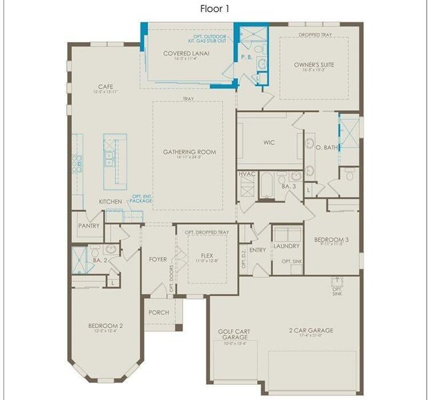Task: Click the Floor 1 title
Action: coord(216,9)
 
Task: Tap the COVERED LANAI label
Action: coord(182,53)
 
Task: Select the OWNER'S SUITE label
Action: coord(314,65)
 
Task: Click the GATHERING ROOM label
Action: coord(190,152)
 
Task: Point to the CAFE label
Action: coord(105,87)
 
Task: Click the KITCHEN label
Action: coord(111,201)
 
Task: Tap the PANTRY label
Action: coord(89,225)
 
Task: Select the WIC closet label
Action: coord(269,142)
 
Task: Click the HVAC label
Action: coord(246,175)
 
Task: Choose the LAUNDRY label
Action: coord(287,245)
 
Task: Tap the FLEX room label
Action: coord(203,255)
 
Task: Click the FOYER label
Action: coord(159,259)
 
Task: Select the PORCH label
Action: coord(159,312)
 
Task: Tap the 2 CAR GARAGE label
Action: coord(311,330)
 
